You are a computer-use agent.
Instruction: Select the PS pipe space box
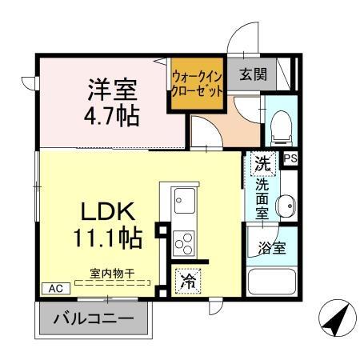point(290,158)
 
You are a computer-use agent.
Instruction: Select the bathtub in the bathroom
point(272,281)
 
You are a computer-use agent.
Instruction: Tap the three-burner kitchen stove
point(183,241)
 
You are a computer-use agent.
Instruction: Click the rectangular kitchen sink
point(183,198)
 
